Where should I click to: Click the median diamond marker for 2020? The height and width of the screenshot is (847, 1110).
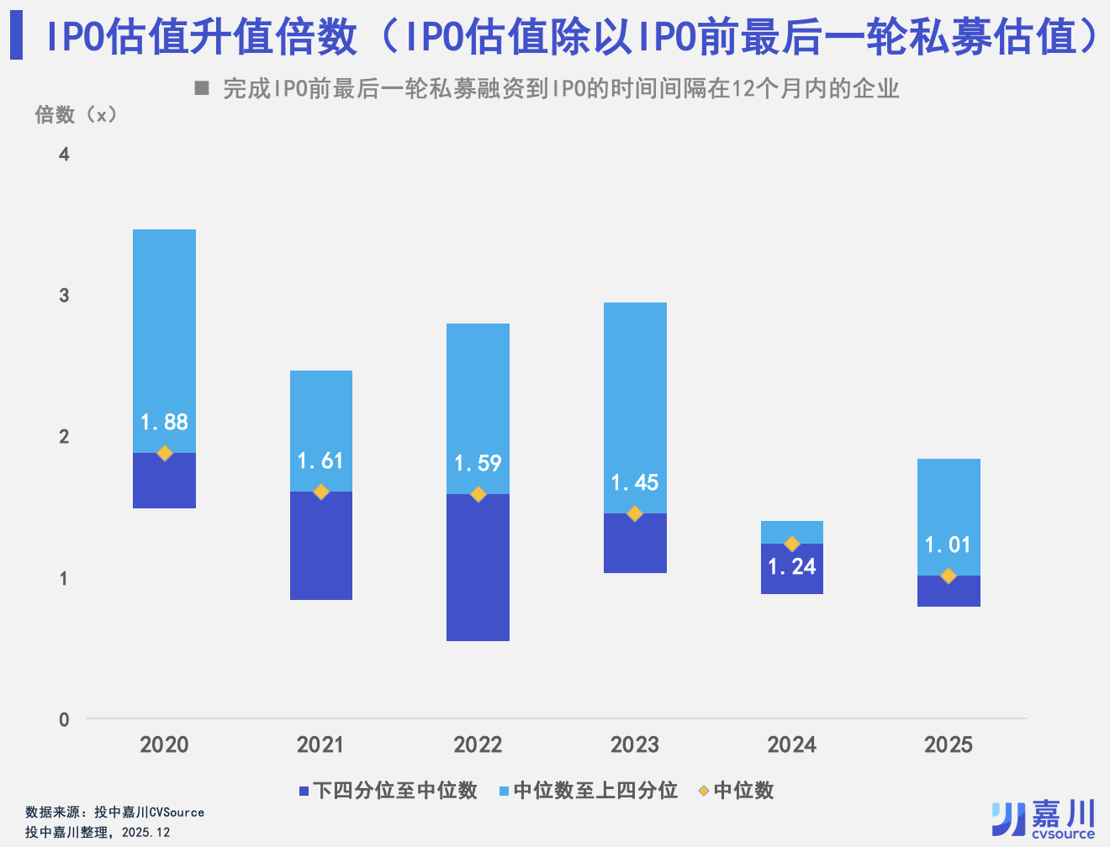click(x=165, y=453)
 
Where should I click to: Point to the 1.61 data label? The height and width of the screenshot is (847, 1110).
click(x=320, y=460)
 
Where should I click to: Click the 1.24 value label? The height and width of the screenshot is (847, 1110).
click(x=792, y=567)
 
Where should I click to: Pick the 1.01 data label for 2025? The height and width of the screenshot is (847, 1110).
click(x=948, y=544)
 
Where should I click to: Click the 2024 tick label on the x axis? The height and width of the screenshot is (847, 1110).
click(x=791, y=744)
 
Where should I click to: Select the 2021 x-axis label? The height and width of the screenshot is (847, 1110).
click(x=320, y=744)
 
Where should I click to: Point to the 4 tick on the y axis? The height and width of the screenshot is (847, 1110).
click(x=64, y=154)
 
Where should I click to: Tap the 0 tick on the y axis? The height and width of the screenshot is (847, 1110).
click(x=64, y=719)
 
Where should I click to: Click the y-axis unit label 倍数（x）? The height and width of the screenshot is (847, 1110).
click(x=77, y=114)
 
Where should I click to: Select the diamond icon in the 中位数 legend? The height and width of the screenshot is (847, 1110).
click(x=704, y=791)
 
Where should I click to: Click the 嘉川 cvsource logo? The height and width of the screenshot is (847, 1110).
click(x=1044, y=819)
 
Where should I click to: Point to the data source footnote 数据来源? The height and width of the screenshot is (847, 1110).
click(x=114, y=812)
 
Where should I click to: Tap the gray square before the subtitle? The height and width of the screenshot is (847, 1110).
click(x=202, y=87)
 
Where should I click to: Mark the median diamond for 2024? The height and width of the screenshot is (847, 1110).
click(x=792, y=544)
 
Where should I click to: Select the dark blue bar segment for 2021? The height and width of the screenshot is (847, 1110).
click(x=320, y=546)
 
